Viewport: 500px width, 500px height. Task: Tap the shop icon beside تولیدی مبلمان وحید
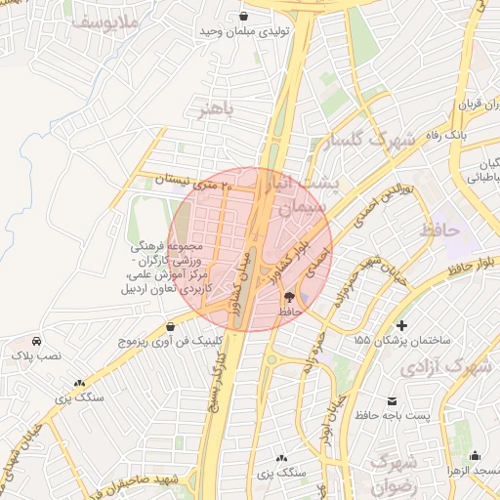[243, 17]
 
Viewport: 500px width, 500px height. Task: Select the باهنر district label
[217, 108]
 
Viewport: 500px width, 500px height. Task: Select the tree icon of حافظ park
[289, 296]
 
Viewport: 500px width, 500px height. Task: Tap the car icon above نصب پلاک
[36, 342]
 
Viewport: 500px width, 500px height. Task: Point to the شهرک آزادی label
[457, 368]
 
